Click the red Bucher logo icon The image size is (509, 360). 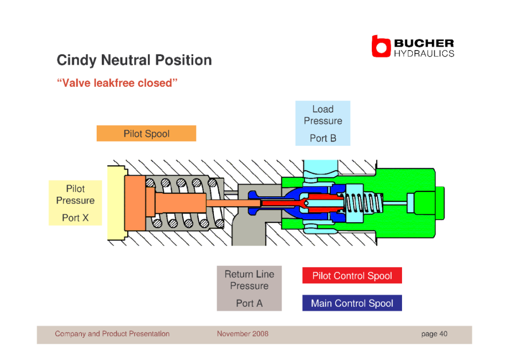381,46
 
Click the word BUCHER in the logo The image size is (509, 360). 424,43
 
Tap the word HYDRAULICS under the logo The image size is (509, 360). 424,54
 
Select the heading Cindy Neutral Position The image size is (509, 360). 134,60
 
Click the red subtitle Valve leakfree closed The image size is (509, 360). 117,83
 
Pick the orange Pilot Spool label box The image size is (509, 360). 147,134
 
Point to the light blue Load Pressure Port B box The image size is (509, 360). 323,123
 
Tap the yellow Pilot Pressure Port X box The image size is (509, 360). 75,203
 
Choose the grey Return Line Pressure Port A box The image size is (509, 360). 249,289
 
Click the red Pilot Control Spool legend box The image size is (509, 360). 352,276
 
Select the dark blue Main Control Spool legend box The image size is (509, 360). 352,303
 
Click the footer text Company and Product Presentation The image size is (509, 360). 112,334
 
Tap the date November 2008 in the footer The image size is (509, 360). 243,334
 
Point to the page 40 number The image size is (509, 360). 435,334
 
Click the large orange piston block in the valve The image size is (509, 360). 135,203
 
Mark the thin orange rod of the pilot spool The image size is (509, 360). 233,203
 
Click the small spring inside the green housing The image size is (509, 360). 363,203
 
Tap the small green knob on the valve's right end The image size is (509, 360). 440,203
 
